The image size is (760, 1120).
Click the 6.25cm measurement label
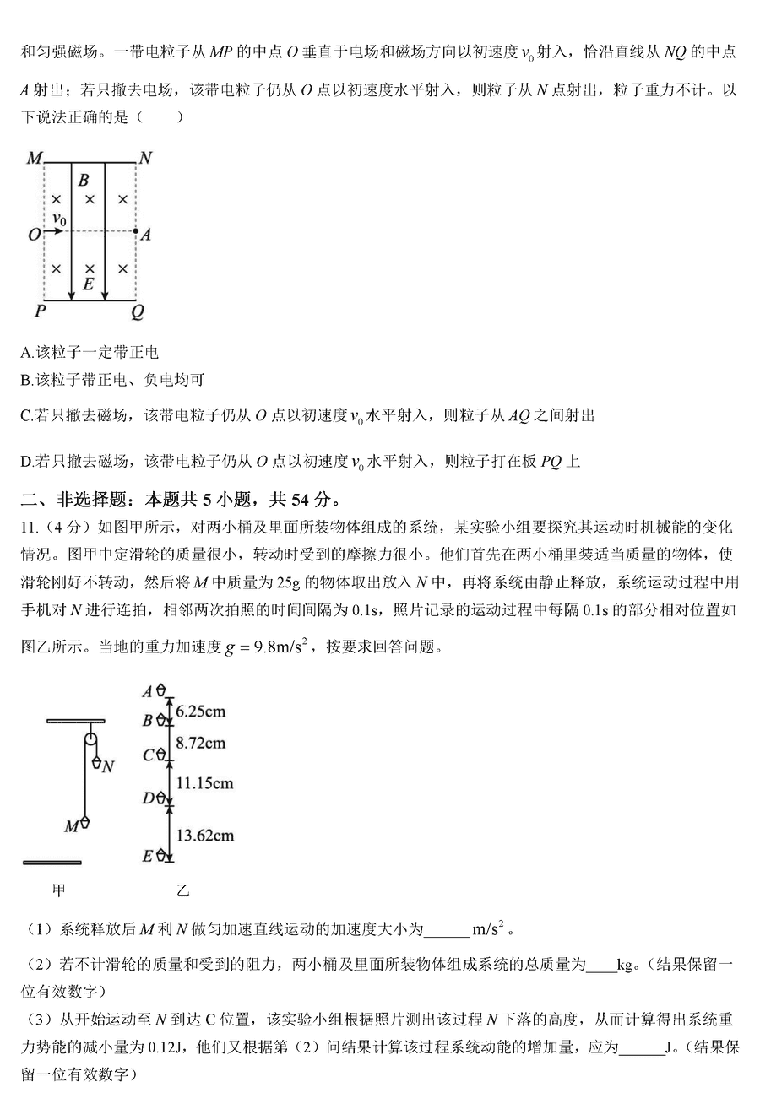click(x=201, y=711)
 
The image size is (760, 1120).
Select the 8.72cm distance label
click(x=201, y=743)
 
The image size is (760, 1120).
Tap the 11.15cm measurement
click(x=204, y=783)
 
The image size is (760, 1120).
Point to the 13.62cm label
click(x=204, y=836)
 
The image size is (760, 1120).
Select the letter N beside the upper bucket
click(x=108, y=766)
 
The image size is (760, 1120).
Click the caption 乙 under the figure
click(x=183, y=890)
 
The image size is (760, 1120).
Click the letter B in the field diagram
click(x=83, y=180)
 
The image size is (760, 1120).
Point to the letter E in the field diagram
click(x=87, y=285)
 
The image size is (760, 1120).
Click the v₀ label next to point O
click(x=59, y=219)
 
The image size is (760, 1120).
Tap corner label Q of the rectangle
click(x=138, y=312)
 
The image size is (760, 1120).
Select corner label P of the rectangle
click(x=40, y=312)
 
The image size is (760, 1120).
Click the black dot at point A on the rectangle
click(x=136, y=230)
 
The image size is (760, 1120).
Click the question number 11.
click(x=28, y=528)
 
